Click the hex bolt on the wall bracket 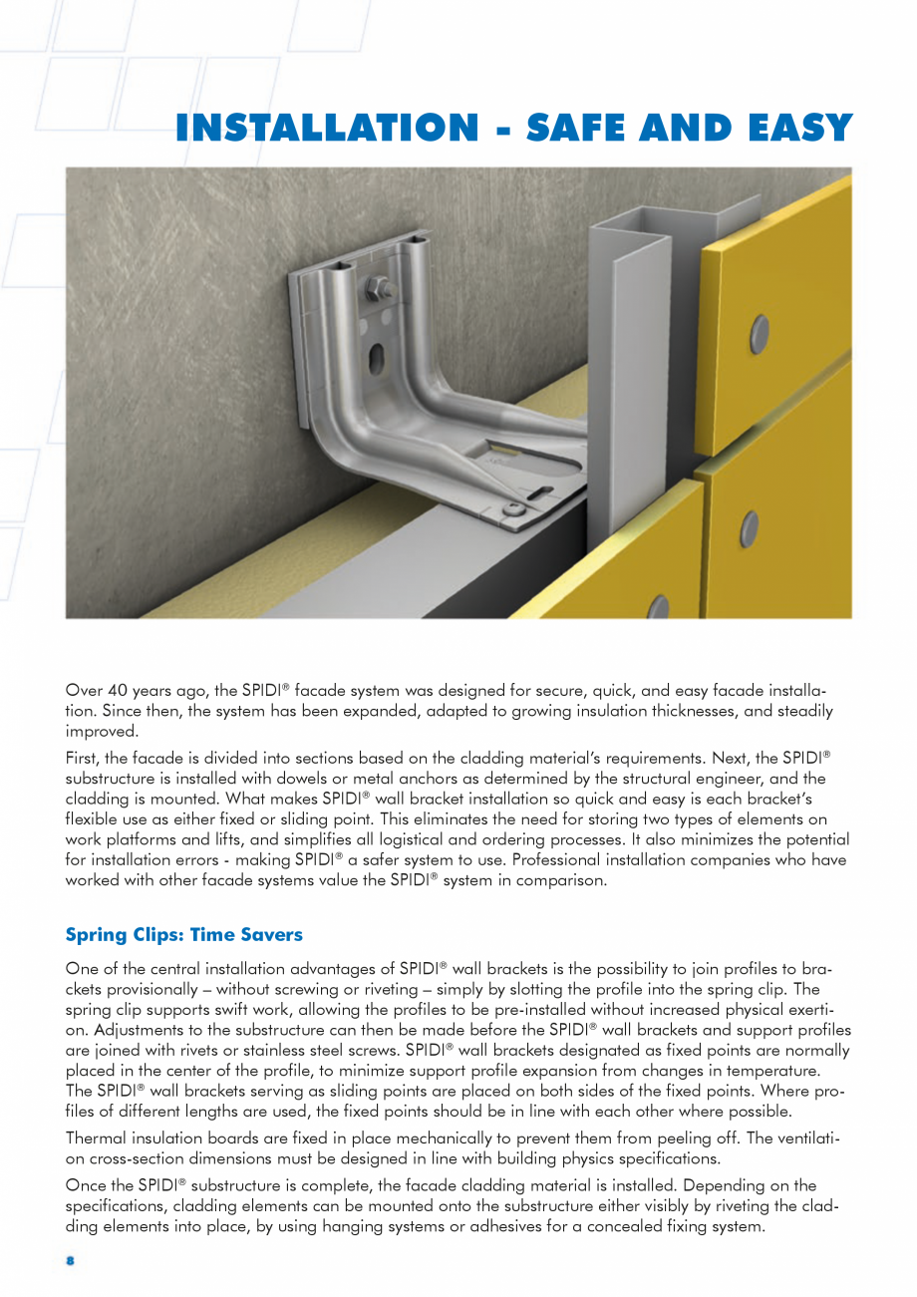pyautogui.click(x=378, y=290)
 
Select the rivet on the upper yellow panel pyautogui.click(x=760, y=330)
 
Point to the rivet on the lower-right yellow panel pyautogui.click(x=750, y=529)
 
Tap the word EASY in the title pyautogui.click(x=791, y=129)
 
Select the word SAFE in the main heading pyautogui.click(x=584, y=129)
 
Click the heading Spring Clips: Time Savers pyautogui.click(x=183, y=935)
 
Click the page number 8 pyautogui.click(x=71, y=1261)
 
